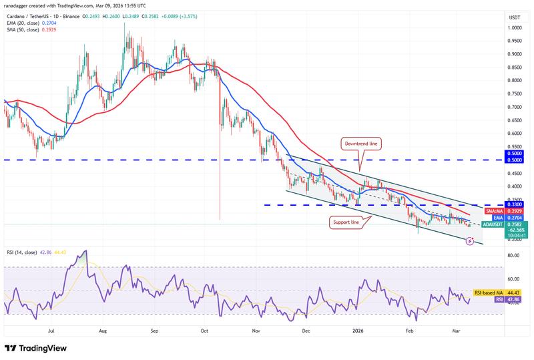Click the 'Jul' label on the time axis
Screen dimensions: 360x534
[51, 330]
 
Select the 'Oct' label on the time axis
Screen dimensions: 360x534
[205, 330]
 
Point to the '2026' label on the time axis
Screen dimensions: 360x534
[358, 330]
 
